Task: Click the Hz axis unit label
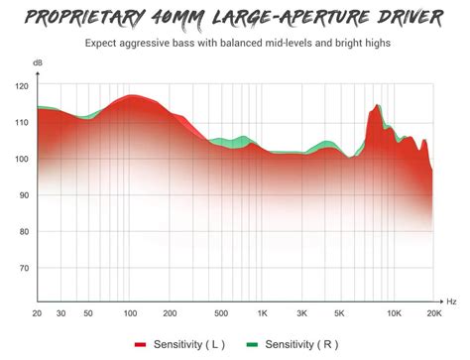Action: pos(451,300)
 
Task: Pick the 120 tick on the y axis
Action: pos(22,86)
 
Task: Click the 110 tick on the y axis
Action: pos(22,123)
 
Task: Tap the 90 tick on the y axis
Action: pos(22,195)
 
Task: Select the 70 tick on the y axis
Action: pos(22,268)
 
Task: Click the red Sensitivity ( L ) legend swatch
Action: pos(140,345)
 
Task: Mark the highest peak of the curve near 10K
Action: pos(377,105)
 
